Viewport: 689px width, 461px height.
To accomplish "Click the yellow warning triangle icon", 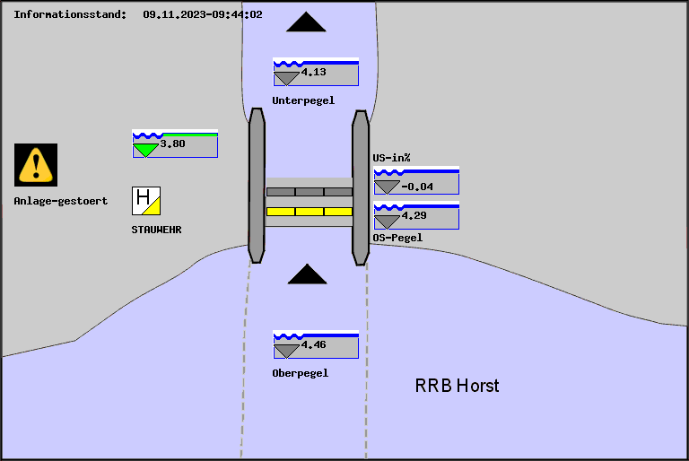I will click(36, 165).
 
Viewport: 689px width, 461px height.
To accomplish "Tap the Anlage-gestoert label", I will click(61, 201).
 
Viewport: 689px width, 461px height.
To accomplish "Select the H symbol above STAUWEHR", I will click(145, 200).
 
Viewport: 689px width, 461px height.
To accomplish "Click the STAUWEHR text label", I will click(157, 230).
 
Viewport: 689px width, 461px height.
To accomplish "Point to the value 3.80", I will click(172, 144).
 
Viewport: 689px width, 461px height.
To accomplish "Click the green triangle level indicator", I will click(144, 151).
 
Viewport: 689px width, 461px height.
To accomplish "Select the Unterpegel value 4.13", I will click(313, 72).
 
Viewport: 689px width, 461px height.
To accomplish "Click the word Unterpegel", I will click(303, 100).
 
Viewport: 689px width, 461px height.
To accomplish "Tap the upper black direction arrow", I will click(311, 22).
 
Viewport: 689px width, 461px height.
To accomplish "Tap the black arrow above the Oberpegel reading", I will click(307, 274).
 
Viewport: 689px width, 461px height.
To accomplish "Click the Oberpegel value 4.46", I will click(313, 344).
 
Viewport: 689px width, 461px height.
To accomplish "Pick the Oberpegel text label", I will click(301, 373).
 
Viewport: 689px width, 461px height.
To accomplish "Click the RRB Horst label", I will click(457, 386).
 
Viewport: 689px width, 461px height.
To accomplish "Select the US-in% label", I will click(391, 158).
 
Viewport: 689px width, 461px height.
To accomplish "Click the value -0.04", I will click(417, 187).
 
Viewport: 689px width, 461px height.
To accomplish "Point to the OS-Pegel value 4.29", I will click(414, 216).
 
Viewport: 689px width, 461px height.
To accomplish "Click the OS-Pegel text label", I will click(397, 238).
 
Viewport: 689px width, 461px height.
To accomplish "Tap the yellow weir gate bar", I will click(310, 212).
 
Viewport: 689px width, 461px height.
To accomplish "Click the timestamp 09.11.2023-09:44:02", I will click(203, 14).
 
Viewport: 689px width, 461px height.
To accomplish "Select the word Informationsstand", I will click(70, 14).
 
